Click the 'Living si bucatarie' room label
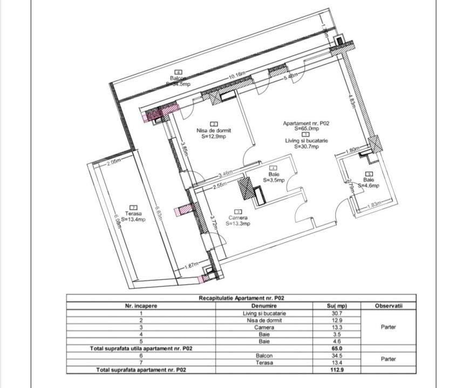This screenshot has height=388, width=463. pos(306,140)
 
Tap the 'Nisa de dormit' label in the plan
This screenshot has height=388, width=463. pos(213,130)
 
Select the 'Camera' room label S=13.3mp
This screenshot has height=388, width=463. pos(238,217)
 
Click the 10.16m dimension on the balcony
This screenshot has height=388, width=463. pos(237,76)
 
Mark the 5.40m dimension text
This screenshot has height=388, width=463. pos(291,77)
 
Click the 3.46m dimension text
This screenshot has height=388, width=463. pos(226,174)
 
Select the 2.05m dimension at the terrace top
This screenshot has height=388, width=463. pos(113,162)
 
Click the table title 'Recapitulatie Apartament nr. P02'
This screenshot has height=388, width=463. pos(241,298)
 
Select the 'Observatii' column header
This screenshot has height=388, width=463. pos(389,306)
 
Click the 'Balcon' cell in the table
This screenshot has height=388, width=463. pos(264,356)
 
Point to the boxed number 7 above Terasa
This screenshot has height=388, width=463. pos(133,207)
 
